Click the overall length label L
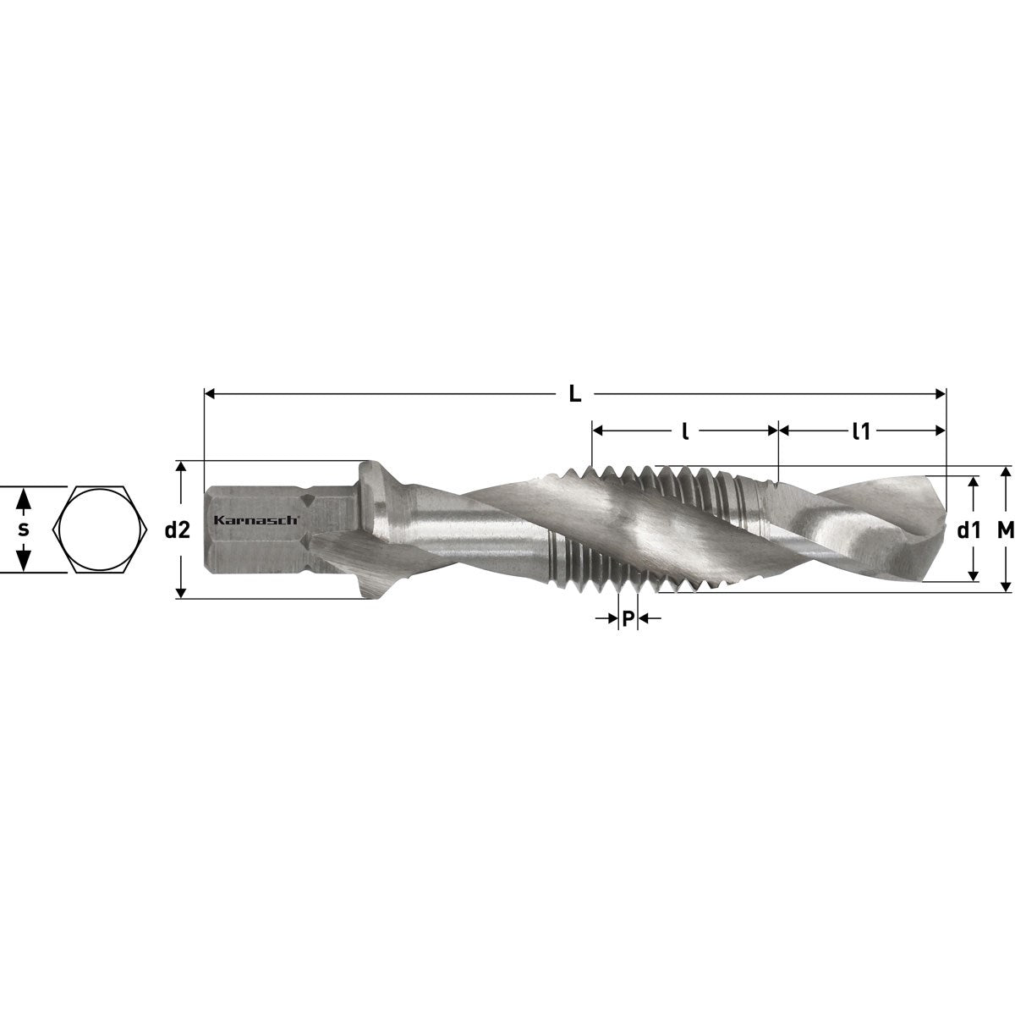[574, 394]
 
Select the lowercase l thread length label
[685, 431]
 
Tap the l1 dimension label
[861, 431]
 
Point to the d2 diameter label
[177, 530]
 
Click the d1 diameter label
[969, 531]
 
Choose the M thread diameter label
[1006, 531]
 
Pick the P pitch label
[628, 619]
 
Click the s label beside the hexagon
[23, 529]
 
